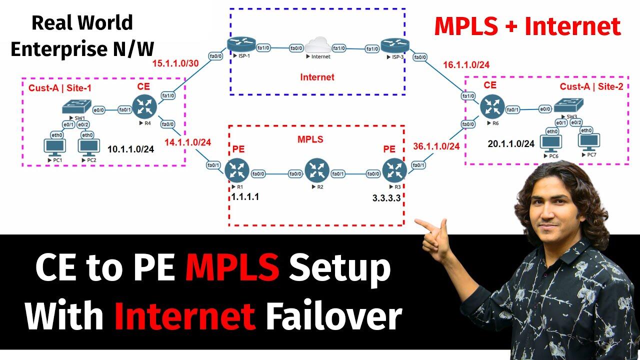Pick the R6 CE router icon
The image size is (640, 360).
tap(490, 106)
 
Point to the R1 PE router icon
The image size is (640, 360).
tap(235, 170)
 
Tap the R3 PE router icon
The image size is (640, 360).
tap(393, 170)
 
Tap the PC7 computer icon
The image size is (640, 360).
tap(590, 141)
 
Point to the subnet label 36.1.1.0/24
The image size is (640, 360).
tap(436, 146)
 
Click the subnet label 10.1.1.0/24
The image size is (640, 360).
tap(131, 148)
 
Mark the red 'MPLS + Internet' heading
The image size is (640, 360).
tap(527, 26)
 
